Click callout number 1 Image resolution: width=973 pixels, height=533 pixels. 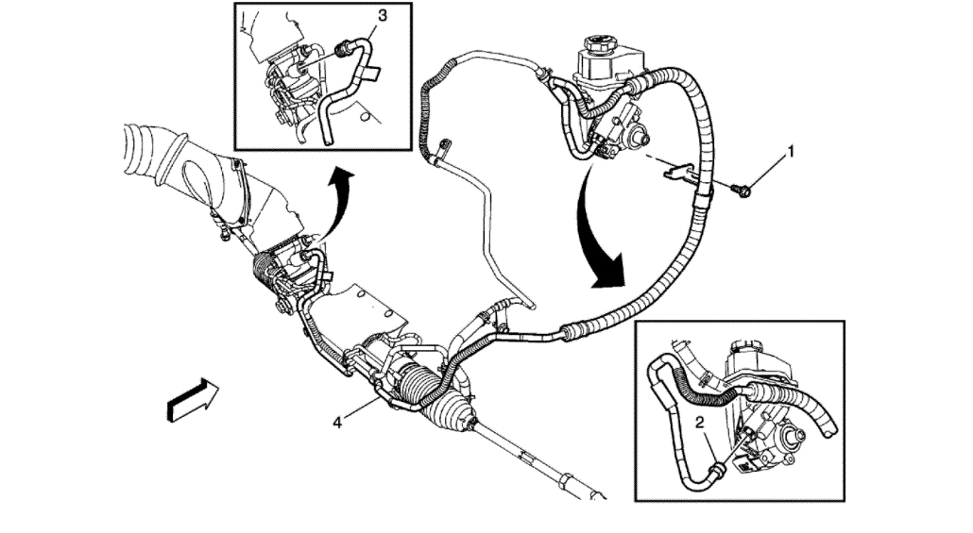[x=792, y=150]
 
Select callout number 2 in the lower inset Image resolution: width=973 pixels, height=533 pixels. [x=701, y=423]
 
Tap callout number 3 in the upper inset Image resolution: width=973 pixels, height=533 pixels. [x=383, y=16]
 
